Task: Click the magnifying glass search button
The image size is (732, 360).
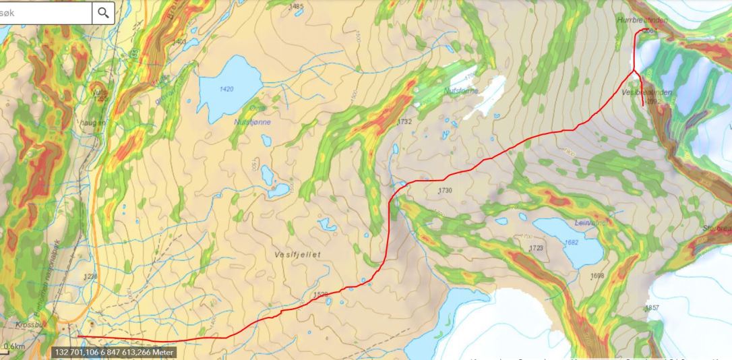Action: pos(103,13)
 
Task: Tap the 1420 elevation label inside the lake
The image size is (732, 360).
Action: pos(226,89)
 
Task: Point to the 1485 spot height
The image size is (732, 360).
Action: pos(296,7)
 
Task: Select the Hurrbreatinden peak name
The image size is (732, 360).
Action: pos(641,21)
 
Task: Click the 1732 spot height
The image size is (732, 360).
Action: pos(404,122)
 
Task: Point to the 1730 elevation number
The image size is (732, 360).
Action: pos(444,191)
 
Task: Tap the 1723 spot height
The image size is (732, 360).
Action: pos(536,249)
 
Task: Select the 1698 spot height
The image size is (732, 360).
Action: pos(597,276)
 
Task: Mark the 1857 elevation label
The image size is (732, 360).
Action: pos(652,308)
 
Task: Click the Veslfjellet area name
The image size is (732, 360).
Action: pos(297,254)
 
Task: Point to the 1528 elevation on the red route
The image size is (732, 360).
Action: pos(320,295)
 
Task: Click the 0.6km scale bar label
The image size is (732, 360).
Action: pos(14,347)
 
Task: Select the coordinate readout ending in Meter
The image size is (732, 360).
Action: pos(114,353)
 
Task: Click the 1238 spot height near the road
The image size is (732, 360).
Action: pos(90,276)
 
